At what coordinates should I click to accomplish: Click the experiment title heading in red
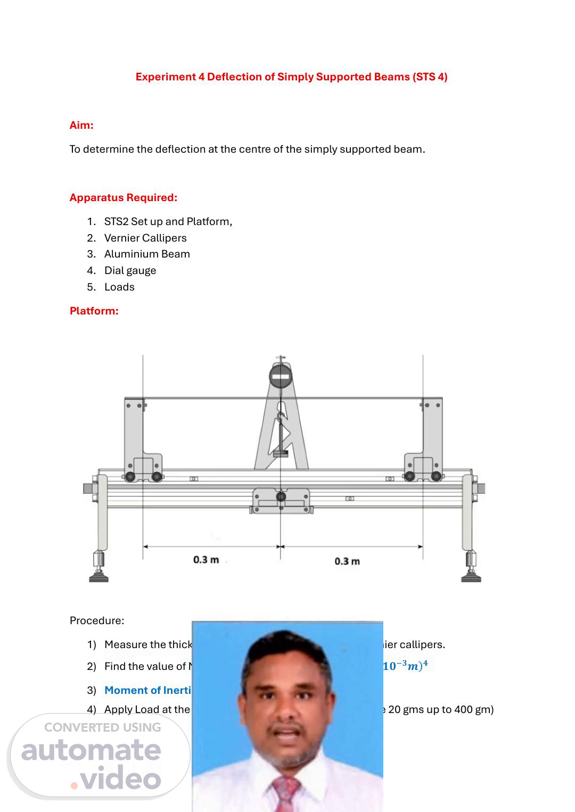(291, 77)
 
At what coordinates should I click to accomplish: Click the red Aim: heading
(81, 125)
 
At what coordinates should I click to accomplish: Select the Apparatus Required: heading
(123, 197)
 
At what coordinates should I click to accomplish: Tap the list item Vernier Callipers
(145, 238)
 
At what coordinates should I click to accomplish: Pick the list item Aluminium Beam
(147, 254)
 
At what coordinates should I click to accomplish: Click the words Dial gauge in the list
(130, 270)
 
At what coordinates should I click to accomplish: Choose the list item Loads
(119, 287)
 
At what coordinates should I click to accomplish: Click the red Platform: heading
(94, 311)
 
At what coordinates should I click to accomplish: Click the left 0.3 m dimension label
(206, 560)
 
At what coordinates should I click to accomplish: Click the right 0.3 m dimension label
(347, 561)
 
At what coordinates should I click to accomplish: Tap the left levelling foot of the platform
(98, 575)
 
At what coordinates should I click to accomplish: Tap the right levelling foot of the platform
(471, 575)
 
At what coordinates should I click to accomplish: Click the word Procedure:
(97, 620)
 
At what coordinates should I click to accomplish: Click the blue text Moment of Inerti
(147, 690)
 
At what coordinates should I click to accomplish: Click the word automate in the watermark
(91, 750)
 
